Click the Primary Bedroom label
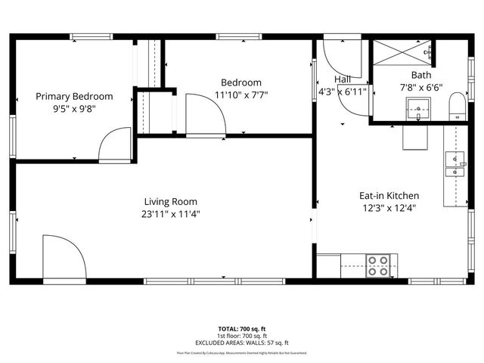(75, 96)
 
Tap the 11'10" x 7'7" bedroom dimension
(241, 95)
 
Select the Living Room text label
(171, 201)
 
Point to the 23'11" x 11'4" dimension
(171, 213)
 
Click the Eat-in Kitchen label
(389, 195)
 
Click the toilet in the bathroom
(457, 106)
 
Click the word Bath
(420, 75)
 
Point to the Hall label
(343, 79)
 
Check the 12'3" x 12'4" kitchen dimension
(389, 207)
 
